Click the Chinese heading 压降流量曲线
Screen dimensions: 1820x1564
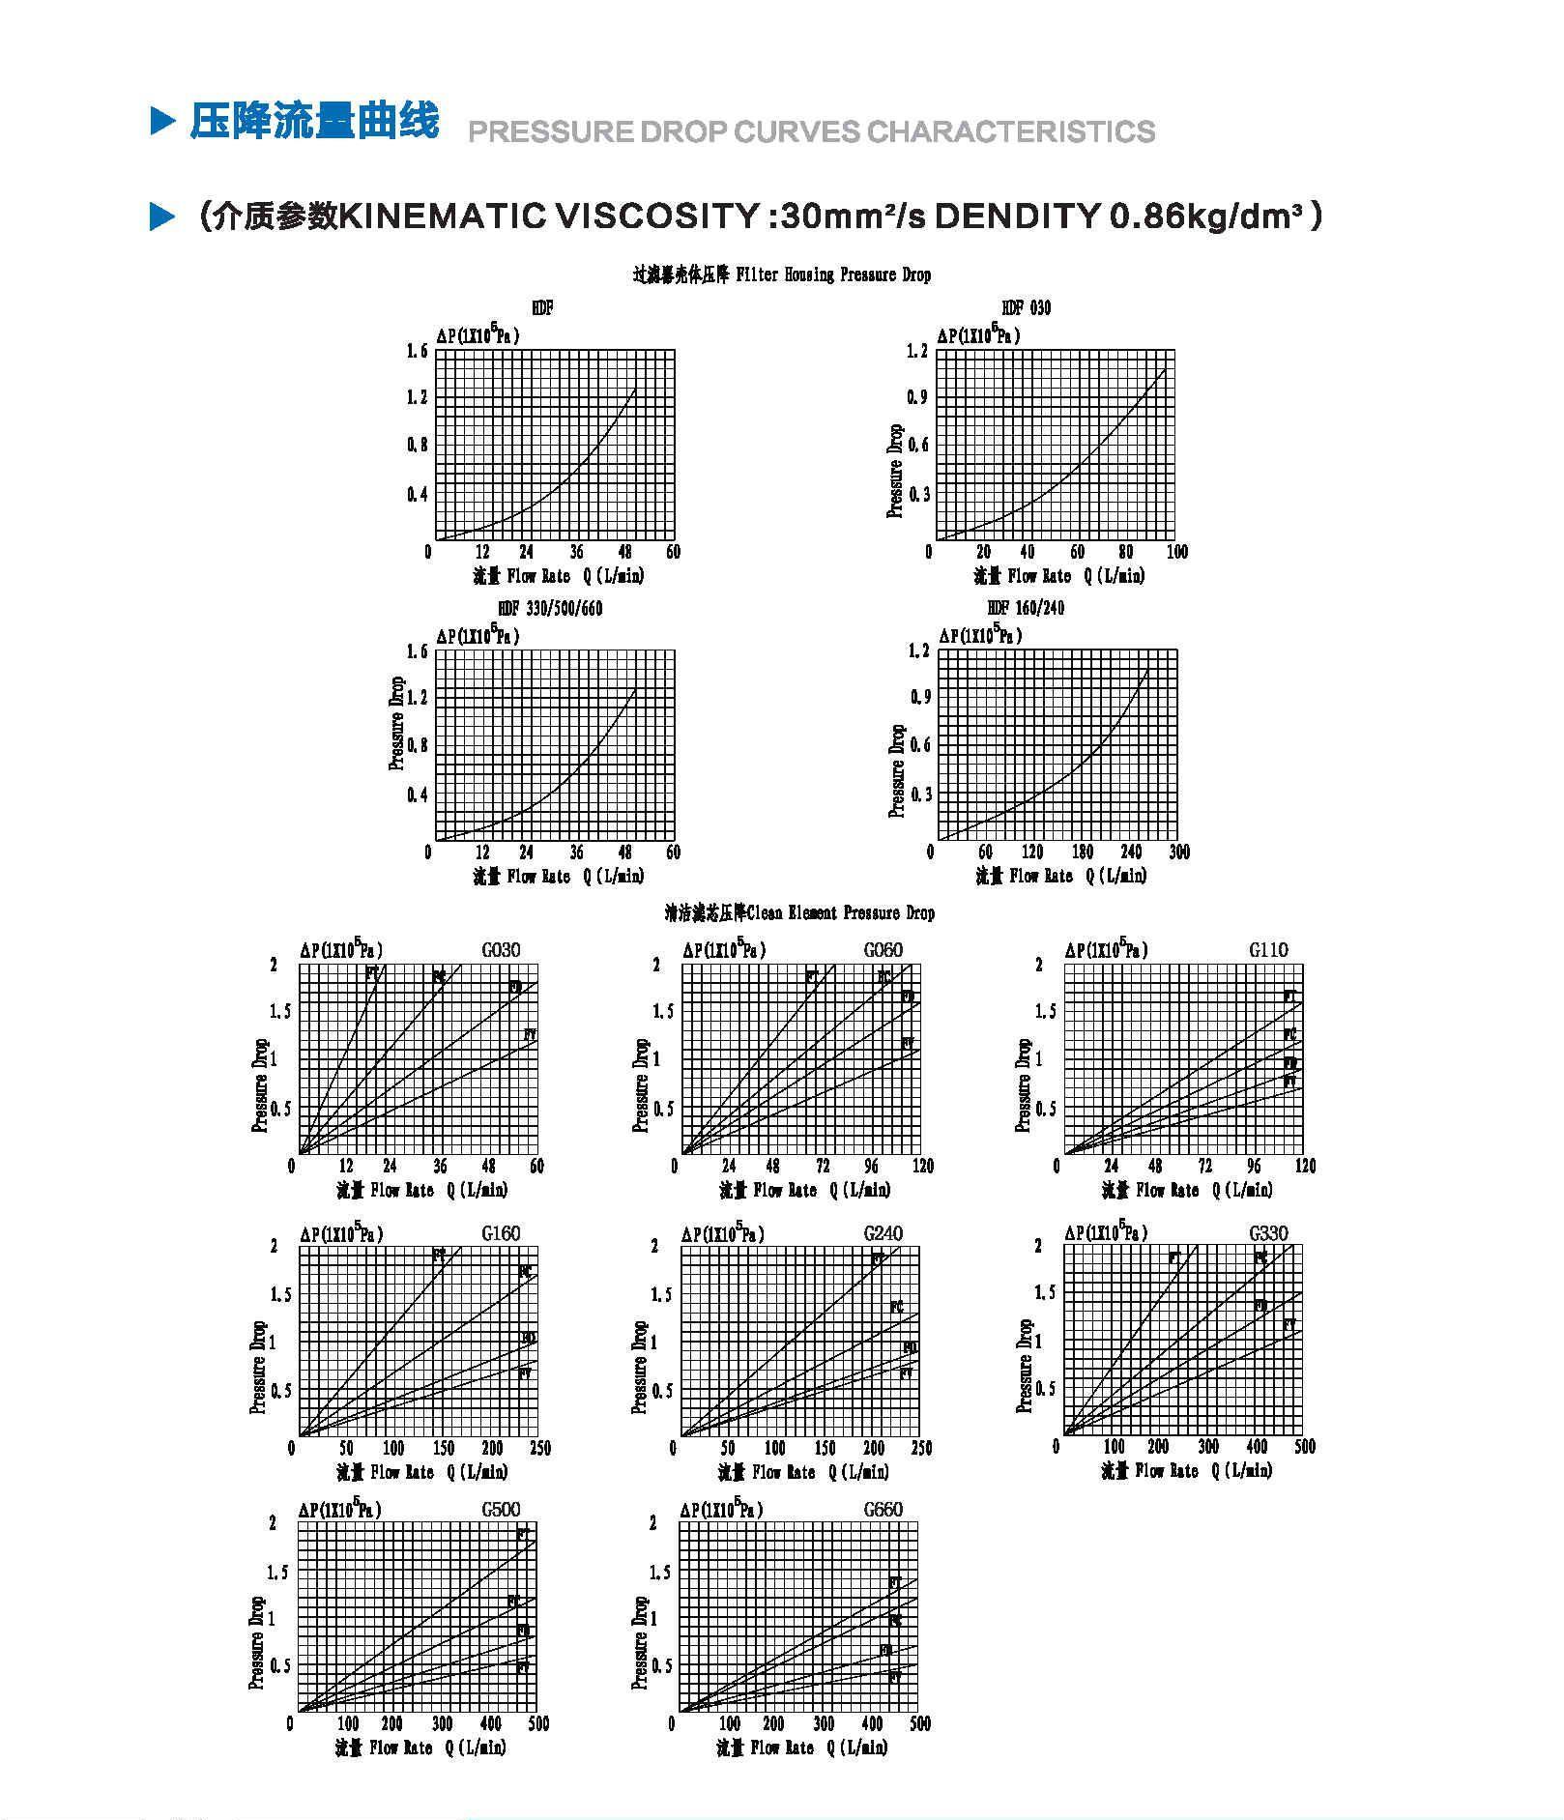(x=314, y=122)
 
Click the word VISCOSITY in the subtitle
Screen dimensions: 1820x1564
(x=656, y=216)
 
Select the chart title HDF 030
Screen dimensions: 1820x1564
(x=1026, y=308)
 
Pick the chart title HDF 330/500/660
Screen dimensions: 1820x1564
(x=549, y=609)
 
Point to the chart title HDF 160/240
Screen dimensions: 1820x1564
(x=1026, y=608)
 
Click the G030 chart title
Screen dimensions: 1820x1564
(x=501, y=950)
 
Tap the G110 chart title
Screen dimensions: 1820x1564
(x=1268, y=950)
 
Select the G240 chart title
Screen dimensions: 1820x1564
(x=883, y=1233)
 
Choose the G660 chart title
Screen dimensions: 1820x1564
(x=883, y=1510)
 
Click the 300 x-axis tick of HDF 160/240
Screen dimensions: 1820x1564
(x=1179, y=852)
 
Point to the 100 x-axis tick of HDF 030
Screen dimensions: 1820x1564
(x=1176, y=552)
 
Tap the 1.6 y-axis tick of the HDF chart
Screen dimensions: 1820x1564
(x=417, y=351)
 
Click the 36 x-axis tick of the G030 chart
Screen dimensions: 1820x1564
(x=440, y=1166)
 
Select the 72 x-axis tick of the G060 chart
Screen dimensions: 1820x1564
(x=823, y=1166)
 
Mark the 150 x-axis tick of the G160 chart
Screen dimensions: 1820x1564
(x=443, y=1448)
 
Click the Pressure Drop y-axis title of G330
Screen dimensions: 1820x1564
(x=1025, y=1366)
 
